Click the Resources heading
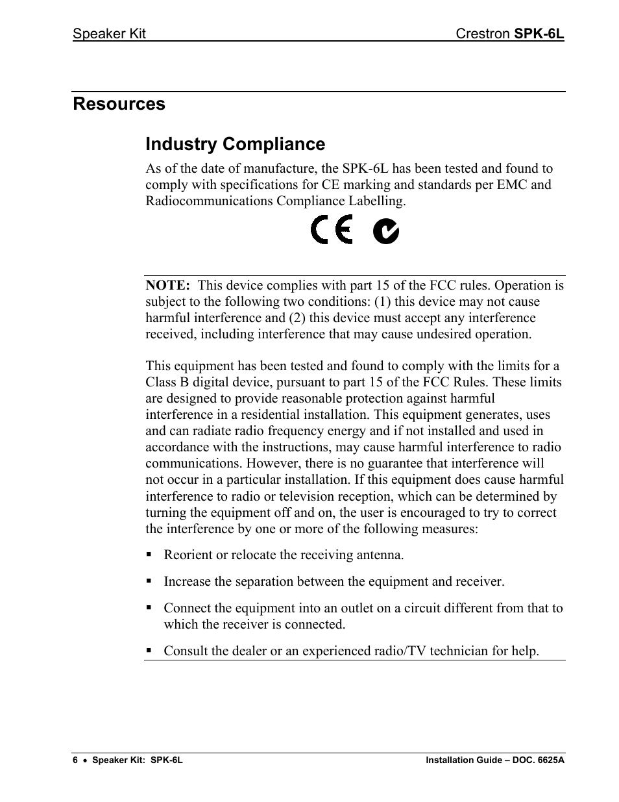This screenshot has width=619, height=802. (119, 104)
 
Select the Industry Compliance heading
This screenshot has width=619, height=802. (235, 144)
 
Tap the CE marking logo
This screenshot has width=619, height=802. (332, 231)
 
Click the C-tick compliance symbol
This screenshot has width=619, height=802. (385, 231)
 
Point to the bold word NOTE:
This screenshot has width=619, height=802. (167, 286)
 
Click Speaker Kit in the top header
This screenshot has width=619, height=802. (109, 34)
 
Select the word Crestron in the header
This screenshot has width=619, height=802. (483, 34)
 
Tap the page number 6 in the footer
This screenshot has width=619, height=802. (75, 760)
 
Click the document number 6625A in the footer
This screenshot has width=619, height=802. (548, 760)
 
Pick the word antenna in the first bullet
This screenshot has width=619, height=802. (380, 555)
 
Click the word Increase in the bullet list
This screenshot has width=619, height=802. (187, 582)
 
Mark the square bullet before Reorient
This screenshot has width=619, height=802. (149, 555)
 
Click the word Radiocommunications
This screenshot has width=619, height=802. (209, 201)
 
